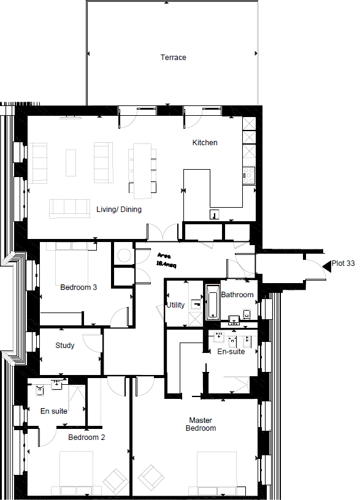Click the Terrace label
pyautogui.click(x=174, y=58)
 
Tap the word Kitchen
pyautogui.click(x=205, y=143)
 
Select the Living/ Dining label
pyautogui.click(x=119, y=210)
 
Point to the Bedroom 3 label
pyautogui.click(x=79, y=287)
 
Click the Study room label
pyautogui.click(x=65, y=346)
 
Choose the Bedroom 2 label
pyautogui.click(x=86, y=438)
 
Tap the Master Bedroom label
pyautogui.click(x=201, y=424)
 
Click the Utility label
pyautogui.click(x=176, y=305)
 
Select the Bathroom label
pyautogui.click(x=237, y=295)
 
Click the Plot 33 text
pyautogui.click(x=343, y=264)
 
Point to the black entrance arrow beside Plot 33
pyautogui.click(x=326, y=264)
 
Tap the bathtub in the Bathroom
pyautogui.click(x=212, y=302)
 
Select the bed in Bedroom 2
pyautogui.click(x=76, y=472)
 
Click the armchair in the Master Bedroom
pyautogui.click(x=150, y=475)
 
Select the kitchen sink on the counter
pyautogui.click(x=214, y=214)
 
